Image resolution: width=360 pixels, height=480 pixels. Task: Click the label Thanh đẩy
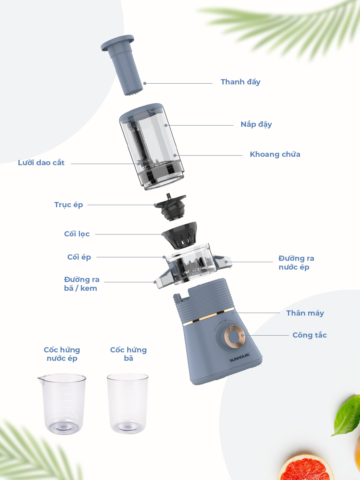point(240,82)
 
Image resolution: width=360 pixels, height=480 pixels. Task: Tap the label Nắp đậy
point(256,124)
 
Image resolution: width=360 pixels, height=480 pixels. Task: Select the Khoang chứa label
point(275,154)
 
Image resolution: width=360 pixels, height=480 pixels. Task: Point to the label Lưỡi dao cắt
point(41,163)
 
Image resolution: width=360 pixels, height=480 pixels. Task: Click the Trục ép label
point(69,205)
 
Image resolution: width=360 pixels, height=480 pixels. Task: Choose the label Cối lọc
point(77,234)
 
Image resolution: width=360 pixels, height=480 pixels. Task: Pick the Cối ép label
point(79,257)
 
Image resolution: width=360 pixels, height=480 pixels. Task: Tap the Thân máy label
point(305,313)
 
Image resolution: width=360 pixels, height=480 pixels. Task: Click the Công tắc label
point(310,335)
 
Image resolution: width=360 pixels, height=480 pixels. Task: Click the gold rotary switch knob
point(234,336)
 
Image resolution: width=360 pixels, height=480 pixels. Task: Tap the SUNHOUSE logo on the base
point(240,357)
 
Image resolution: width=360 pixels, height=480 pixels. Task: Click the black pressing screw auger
point(171,207)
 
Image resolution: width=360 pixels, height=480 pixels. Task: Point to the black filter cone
point(180,236)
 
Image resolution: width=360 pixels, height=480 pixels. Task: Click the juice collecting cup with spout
point(62,404)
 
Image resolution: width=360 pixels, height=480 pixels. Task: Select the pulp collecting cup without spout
point(128,403)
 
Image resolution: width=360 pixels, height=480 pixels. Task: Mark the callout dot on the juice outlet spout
point(226,262)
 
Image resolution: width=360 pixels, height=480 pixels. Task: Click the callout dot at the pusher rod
point(145,83)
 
